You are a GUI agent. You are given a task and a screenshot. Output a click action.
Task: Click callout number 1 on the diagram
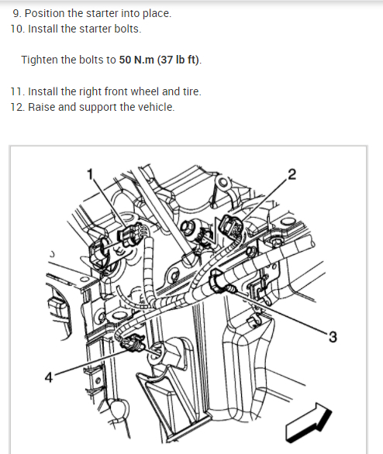tap(91, 174)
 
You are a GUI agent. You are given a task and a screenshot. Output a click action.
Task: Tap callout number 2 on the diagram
tap(292, 174)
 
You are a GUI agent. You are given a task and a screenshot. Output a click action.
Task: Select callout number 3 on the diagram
tap(333, 337)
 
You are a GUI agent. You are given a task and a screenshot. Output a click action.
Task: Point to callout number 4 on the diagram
tap(49, 377)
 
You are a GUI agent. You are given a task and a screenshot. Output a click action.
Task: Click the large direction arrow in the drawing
tap(309, 422)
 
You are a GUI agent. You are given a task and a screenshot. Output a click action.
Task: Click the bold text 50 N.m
tap(136, 60)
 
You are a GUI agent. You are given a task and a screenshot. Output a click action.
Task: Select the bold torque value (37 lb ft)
tap(178, 60)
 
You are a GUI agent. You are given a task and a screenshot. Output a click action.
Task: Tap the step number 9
tap(17, 14)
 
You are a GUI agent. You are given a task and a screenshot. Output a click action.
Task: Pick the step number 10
tap(18, 29)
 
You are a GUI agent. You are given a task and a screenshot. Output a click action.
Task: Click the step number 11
tap(18, 91)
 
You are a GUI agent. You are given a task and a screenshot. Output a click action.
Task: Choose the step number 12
tap(18, 107)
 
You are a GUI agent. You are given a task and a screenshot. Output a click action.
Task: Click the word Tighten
tap(40, 60)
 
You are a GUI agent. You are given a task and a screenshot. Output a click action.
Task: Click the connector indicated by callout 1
tap(130, 235)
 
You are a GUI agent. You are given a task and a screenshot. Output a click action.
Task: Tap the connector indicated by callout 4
tap(133, 343)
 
